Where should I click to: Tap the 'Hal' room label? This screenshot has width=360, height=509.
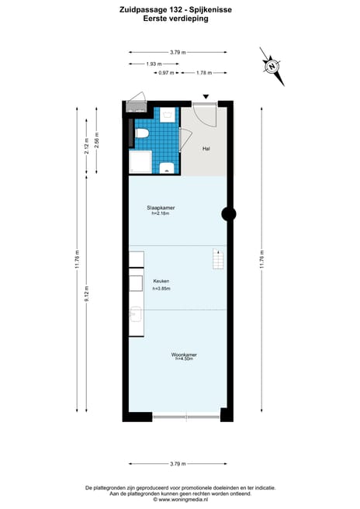(206, 148)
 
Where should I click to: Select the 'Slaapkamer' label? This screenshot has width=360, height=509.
(160, 209)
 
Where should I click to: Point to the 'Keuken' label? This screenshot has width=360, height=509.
(161, 281)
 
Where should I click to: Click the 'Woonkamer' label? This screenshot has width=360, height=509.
(185, 355)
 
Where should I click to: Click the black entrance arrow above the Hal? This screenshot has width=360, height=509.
(206, 97)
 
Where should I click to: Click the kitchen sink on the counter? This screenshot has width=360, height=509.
(136, 314)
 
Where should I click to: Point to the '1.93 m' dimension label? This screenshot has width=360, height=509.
(154, 64)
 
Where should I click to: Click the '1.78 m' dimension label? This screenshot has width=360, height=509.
(204, 73)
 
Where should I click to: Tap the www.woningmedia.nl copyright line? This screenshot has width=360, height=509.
(179, 499)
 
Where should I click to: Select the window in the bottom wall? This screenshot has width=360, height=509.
(185, 417)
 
